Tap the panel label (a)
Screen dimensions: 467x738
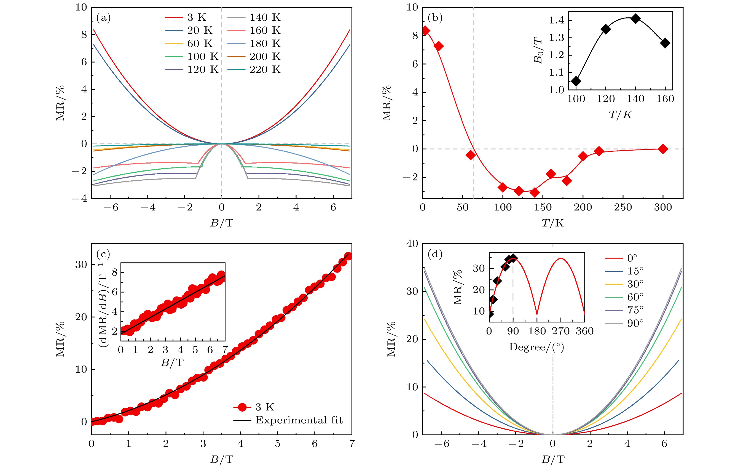(103, 17)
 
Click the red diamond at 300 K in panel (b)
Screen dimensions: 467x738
(663, 149)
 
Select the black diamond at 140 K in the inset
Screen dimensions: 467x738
(636, 19)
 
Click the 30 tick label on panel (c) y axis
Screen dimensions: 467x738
(81, 264)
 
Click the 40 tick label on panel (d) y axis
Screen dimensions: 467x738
(412, 244)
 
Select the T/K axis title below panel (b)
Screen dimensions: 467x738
(552, 223)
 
